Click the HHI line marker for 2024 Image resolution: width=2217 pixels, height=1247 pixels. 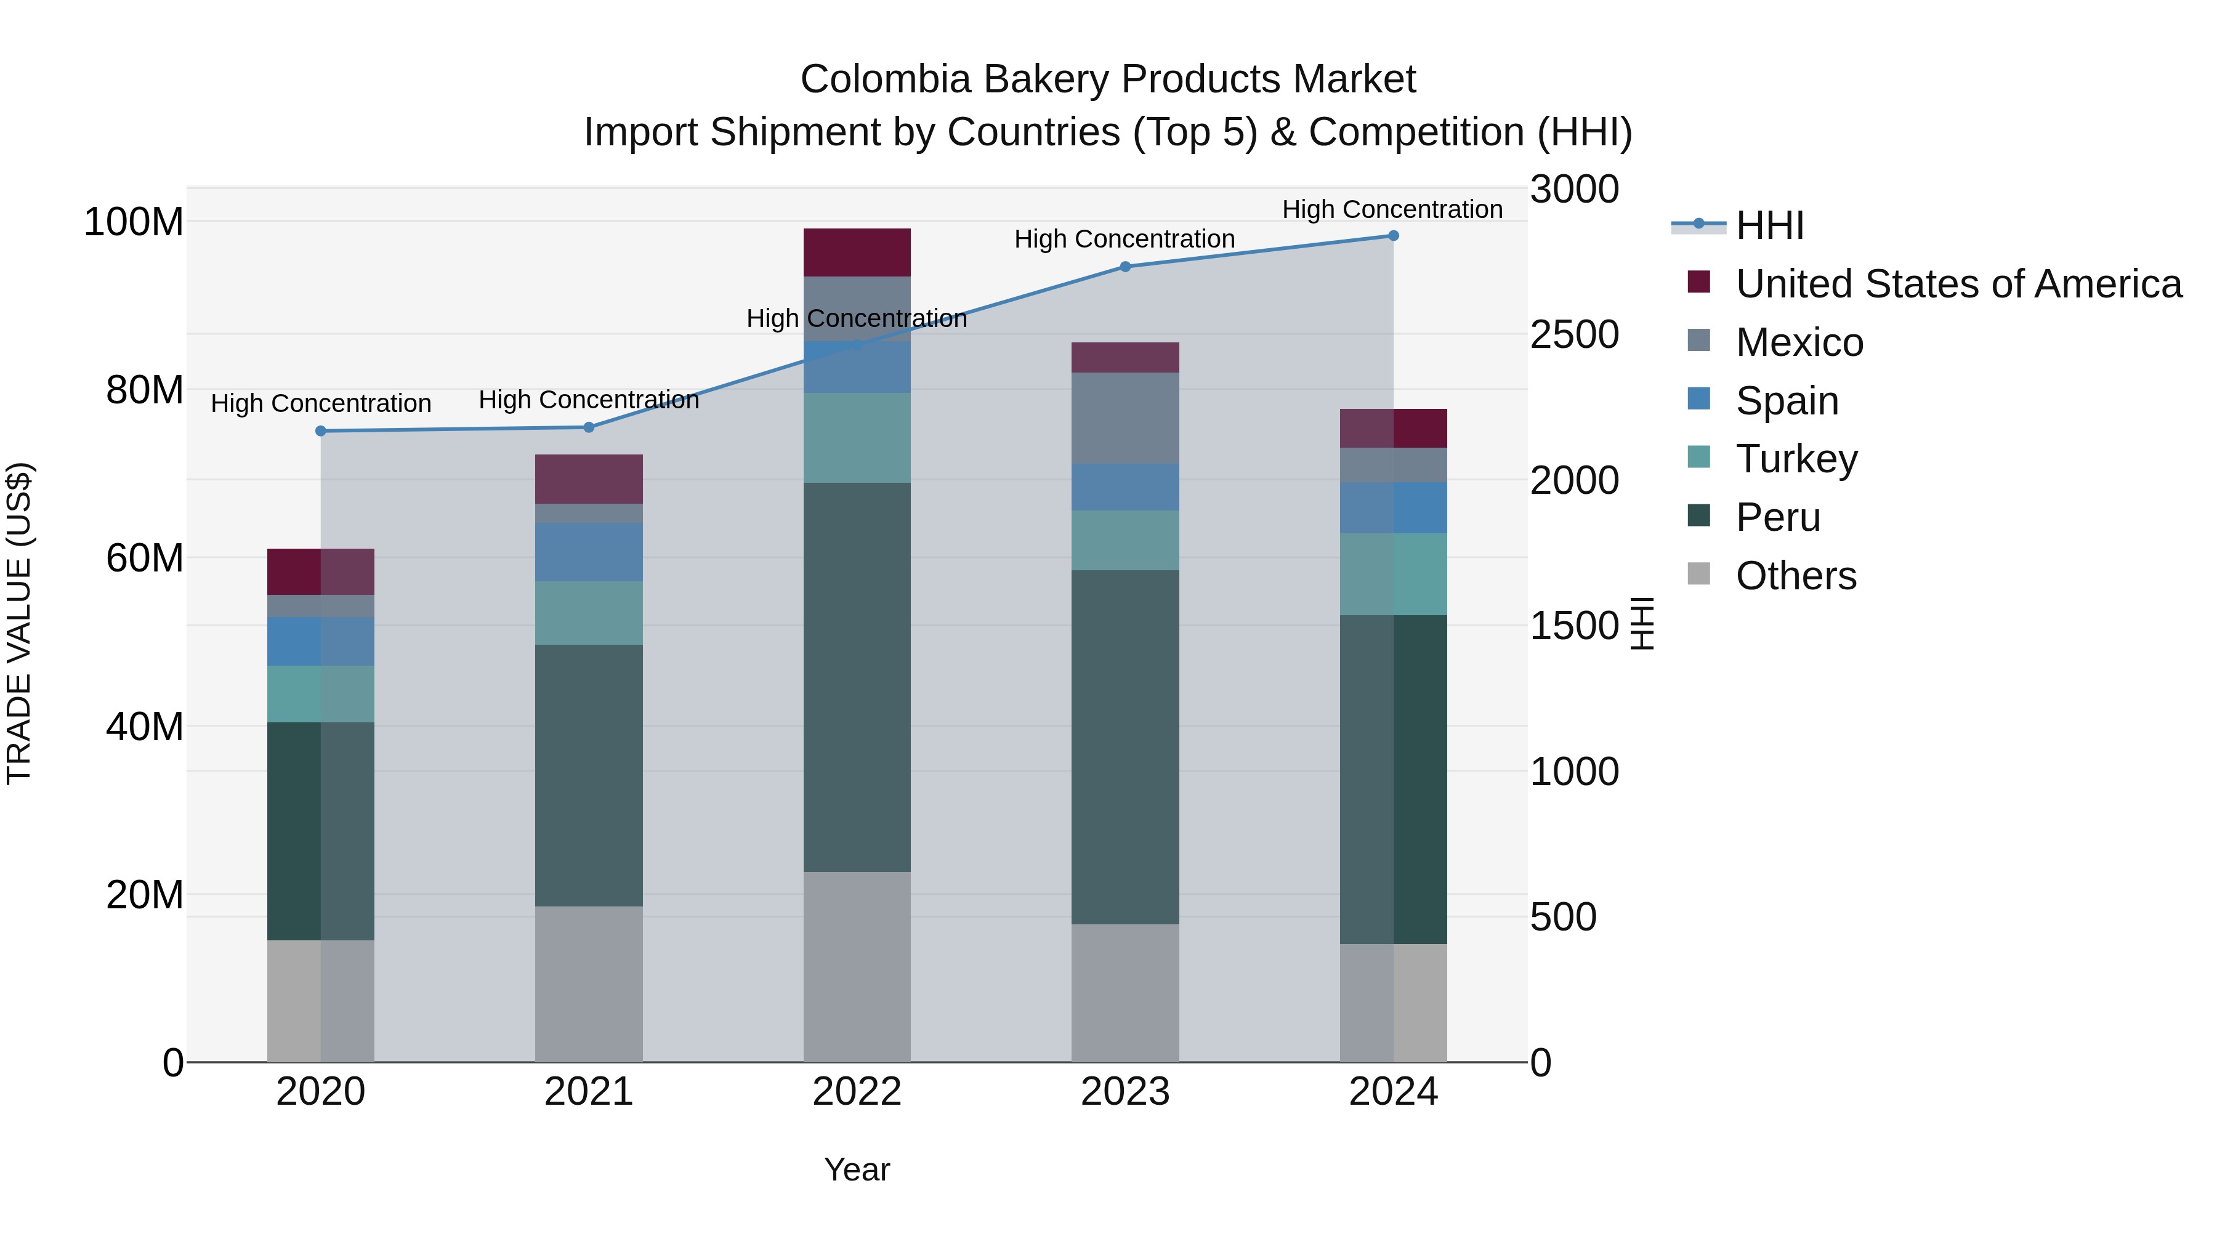click(x=1394, y=236)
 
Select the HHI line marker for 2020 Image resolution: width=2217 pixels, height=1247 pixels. click(x=321, y=431)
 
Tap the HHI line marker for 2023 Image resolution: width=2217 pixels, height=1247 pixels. click(x=1125, y=267)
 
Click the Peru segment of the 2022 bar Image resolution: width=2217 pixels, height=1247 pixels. click(x=857, y=677)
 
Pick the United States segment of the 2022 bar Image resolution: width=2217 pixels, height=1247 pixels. click(x=857, y=253)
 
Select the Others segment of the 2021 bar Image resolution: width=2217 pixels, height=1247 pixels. click(x=589, y=983)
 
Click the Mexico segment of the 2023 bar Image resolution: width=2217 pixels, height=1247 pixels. click(x=1125, y=418)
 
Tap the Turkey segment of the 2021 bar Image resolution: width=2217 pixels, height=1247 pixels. click(x=589, y=613)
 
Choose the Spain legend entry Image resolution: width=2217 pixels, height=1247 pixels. click(x=1787, y=401)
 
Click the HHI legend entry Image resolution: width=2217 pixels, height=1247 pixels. click(x=1769, y=225)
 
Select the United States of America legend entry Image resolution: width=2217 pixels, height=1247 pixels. click(x=1958, y=284)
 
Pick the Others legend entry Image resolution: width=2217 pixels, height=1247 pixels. click(x=1795, y=576)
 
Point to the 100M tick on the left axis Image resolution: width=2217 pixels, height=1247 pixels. click(x=134, y=222)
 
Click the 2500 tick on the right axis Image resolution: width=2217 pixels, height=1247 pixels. click(x=1574, y=335)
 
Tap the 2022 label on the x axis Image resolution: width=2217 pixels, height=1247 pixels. click(x=857, y=1092)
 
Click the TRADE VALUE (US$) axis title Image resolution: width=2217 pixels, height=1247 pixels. click(x=19, y=623)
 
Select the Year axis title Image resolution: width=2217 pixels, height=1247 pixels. click(x=857, y=1169)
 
